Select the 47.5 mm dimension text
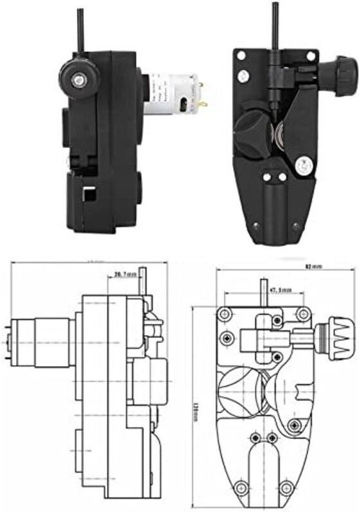point(280,290)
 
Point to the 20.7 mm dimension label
point(125,275)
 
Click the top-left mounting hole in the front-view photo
point(241,56)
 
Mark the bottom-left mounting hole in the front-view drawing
point(241,483)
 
